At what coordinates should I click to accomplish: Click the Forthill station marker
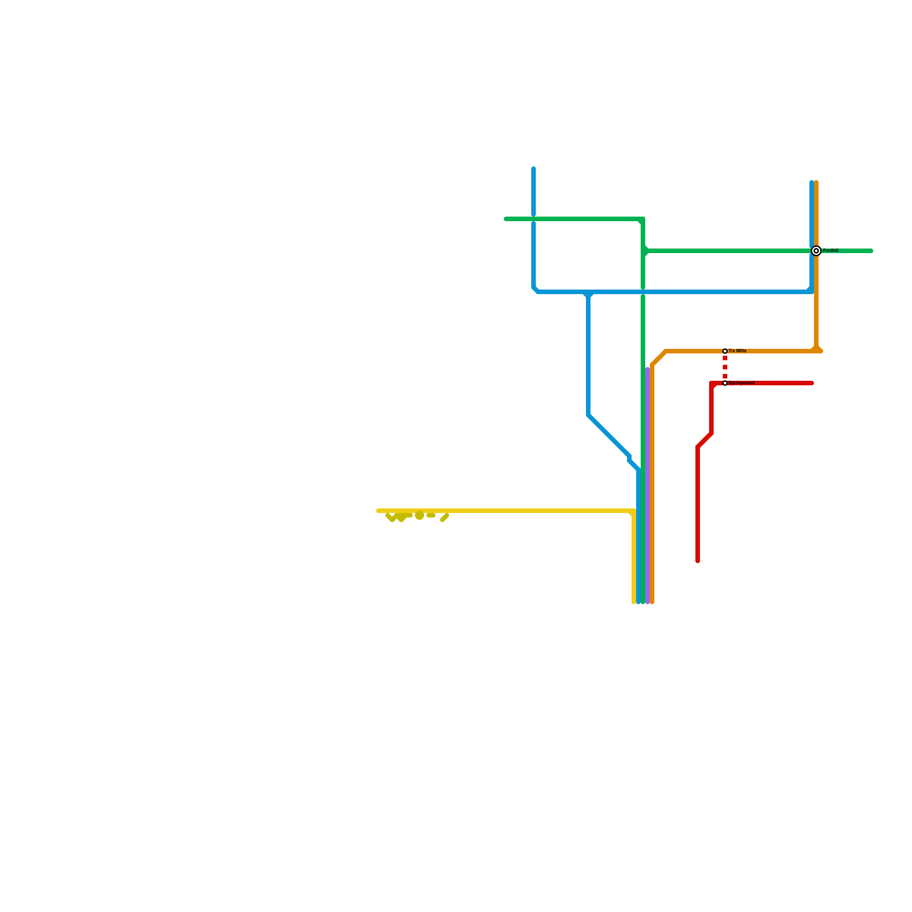tap(816, 251)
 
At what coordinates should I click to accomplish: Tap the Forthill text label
tap(830, 251)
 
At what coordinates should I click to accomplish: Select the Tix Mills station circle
tap(725, 351)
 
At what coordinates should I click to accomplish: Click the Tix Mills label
tap(738, 351)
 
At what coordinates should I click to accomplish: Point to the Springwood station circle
tap(725, 383)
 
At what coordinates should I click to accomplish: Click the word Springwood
tap(742, 383)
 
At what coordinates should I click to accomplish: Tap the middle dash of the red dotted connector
tap(725, 367)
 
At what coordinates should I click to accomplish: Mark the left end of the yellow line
tap(378, 511)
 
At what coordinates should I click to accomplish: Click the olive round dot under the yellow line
tap(420, 516)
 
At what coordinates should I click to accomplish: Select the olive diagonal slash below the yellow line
tap(445, 518)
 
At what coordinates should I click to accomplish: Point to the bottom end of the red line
tap(698, 561)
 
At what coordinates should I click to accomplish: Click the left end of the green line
tap(506, 219)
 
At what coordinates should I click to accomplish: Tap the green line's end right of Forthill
tap(871, 251)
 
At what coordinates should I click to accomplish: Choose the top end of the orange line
tap(816, 183)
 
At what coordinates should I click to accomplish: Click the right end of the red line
tap(812, 383)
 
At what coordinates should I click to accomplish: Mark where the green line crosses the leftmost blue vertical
tap(534, 219)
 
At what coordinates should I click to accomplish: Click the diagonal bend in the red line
tap(705, 440)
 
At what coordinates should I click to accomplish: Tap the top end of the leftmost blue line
tap(534, 169)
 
